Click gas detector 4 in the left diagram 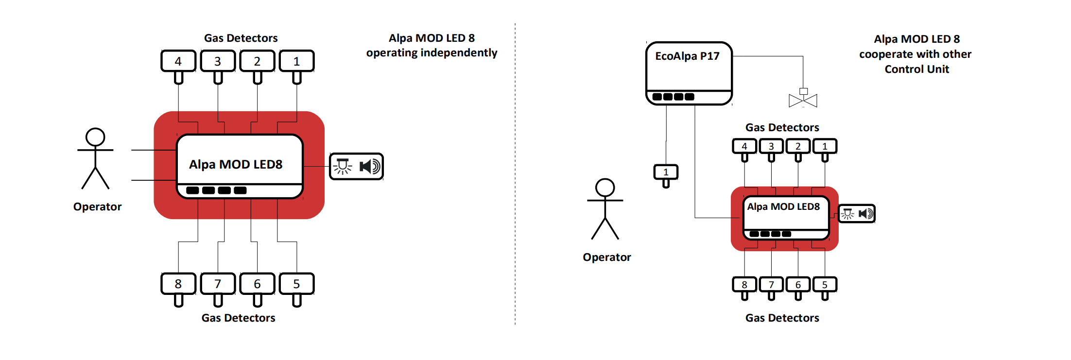(x=178, y=61)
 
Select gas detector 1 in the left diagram (x=296, y=61)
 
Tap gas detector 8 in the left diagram (x=178, y=284)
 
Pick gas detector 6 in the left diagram (x=257, y=284)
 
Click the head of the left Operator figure (x=95, y=137)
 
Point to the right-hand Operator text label (x=606, y=257)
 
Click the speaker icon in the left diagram (x=370, y=167)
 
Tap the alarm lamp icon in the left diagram (x=343, y=166)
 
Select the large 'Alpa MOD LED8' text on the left (x=236, y=164)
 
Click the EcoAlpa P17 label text (x=687, y=56)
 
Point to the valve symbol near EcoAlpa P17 (x=803, y=99)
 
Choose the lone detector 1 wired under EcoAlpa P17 (x=666, y=172)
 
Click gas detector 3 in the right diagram (x=771, y=146)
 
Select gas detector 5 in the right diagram (x=825, y=285)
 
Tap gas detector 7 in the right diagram (x=771, y=285)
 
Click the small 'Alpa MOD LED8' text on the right (x=783, y=206)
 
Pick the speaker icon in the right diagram (x=865, y=214)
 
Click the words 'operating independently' (x=432, y=52)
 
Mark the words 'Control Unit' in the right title (x=916, y=69)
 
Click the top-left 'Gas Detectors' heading (x=241, y=38)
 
